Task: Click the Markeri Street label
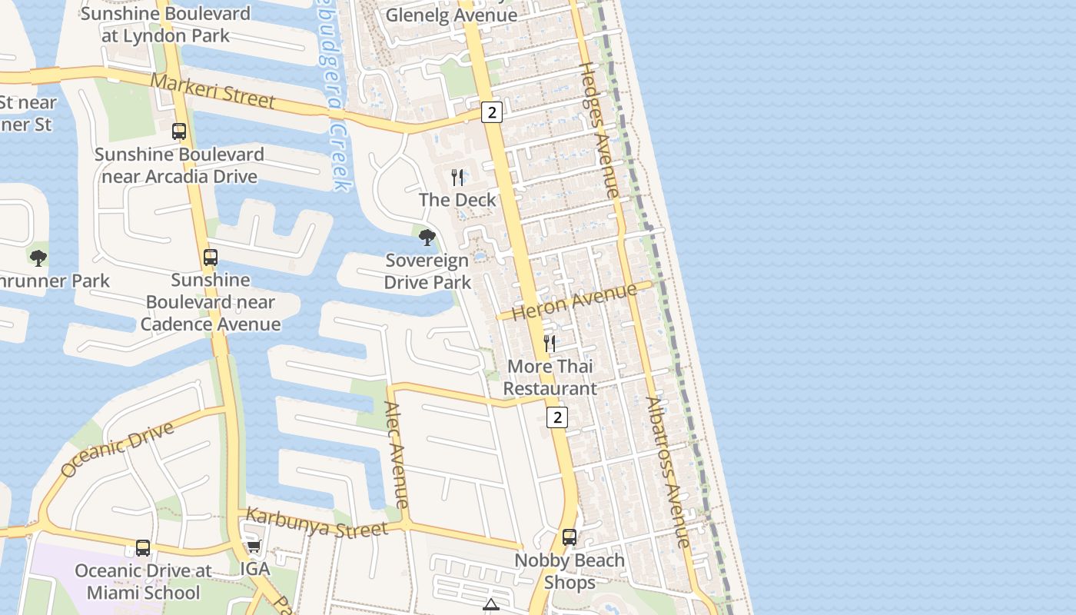tap(212, 91)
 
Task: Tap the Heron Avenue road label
tap(574, 302)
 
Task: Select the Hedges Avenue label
tap(598, 130)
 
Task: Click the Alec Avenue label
tap(397, 455)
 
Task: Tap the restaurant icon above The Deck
tap(458, 178)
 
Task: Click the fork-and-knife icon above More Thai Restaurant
tap(550, 343)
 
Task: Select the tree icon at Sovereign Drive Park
tap(427, 238)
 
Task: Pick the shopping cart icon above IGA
tap(254, 547)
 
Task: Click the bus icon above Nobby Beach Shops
tap(570, 537)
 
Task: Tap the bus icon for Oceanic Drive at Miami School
tap(143, 547)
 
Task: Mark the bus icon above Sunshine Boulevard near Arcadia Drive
tap(179, 131)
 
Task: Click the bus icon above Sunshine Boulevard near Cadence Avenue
tap(211, 257)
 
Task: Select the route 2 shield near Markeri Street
tap(492, 112)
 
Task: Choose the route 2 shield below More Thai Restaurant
tap(557, 417)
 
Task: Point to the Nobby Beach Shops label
tap(570, 571)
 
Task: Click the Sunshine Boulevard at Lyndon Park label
tap(165, 25)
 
